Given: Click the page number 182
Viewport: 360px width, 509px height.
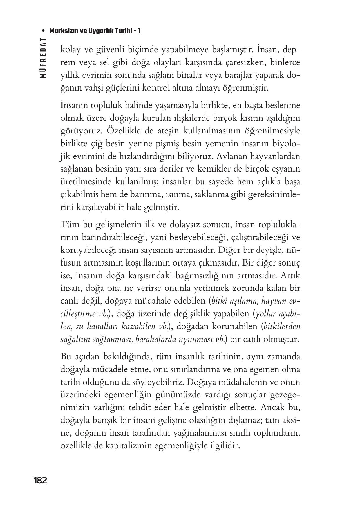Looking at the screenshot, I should coord(40,480).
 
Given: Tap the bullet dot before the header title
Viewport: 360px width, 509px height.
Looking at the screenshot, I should coord(43,31).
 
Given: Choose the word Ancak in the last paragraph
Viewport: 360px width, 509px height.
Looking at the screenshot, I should coord(272,407).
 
